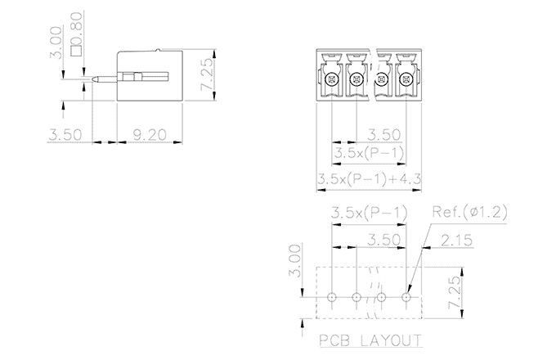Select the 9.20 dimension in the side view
(150, 135)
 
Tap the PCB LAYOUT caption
(371, 340)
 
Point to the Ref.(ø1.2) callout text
(469, 212)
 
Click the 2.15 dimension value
(457, 241)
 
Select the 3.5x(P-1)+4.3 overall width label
(369, 178)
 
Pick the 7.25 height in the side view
(208, 74)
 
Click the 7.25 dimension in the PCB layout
(455, 292)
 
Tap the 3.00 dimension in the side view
(56, 43)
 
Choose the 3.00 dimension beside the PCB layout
(295, 260)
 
